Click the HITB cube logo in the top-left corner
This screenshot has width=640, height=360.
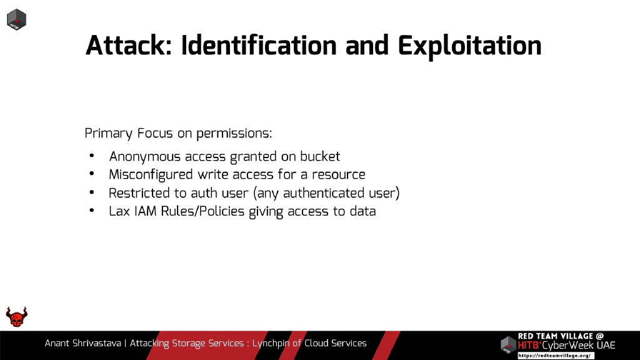click(16, 19)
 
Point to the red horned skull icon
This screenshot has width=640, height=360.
click(17, 317)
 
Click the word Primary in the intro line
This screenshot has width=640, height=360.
click(109, 133)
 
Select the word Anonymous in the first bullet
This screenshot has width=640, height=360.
click(145, 156)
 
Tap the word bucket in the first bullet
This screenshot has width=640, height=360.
click(320, 156)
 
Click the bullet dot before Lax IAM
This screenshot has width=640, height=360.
click(92, 211)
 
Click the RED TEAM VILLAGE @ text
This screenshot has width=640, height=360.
click(561, 336)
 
